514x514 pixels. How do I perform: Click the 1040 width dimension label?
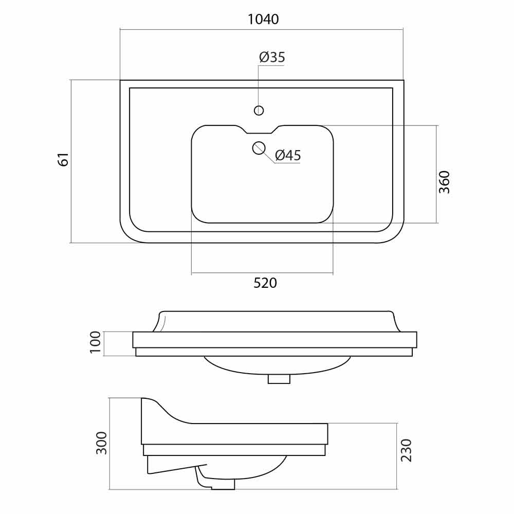tap(263, 20)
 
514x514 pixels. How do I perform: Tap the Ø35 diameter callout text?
tap(272, 57)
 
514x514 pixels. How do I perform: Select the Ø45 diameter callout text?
tap(288, 155)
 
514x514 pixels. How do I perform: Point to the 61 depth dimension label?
tap(64, 160)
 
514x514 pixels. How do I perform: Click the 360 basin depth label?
tap(445, 182)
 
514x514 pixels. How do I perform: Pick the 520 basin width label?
tap(265, 283)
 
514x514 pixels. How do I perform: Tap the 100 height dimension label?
tap(96, 342)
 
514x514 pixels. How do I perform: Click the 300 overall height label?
tap(101, 443)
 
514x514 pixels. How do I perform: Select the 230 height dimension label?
tap(406, 450)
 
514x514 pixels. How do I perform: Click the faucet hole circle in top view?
tap(259, 111)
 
